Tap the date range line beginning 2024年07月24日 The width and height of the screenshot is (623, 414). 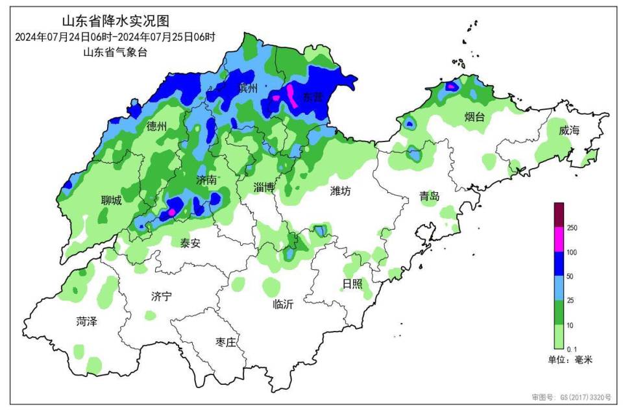click(x=115, y=37)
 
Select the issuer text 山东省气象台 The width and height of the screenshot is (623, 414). click(x=116, y=52)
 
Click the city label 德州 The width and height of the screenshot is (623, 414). click(x=157, y=126)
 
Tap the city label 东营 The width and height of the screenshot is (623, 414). click(x=313, y=97)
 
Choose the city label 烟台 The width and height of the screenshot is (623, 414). click(x=474, y=117)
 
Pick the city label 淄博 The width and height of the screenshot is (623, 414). click(x=264, y=187)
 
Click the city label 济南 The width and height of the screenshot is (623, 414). click(x=206, y=180)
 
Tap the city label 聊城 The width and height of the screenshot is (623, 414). click(x=111, y=201)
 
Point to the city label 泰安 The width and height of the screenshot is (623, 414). click(x=190, y=243)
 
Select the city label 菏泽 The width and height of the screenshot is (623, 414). click(x=86, y=321)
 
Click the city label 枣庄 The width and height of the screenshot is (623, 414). click(x=230, y=342)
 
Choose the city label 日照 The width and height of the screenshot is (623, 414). click(x=353, y=284)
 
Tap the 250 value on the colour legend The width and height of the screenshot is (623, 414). click(x=573, y=228)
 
